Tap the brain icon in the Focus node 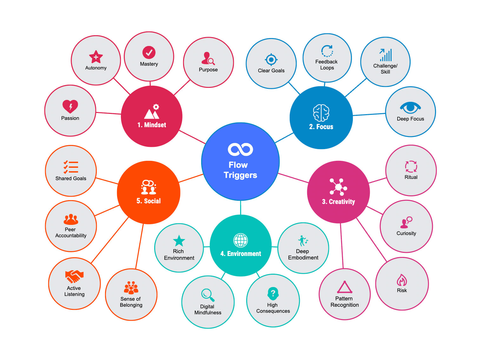321,113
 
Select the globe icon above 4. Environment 241,240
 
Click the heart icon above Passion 70,107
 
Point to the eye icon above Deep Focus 410,108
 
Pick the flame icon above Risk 402,280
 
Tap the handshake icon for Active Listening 74,276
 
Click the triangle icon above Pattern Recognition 345,287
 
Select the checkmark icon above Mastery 149,52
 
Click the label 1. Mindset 151,125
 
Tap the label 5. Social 149,201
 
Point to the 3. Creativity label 338,202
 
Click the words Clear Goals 271,70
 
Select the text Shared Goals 71,178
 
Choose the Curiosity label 406,233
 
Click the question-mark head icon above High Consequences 273,293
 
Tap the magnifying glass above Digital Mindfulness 208,295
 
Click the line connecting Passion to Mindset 108,113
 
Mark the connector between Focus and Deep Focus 369,115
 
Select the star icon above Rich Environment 179,241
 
